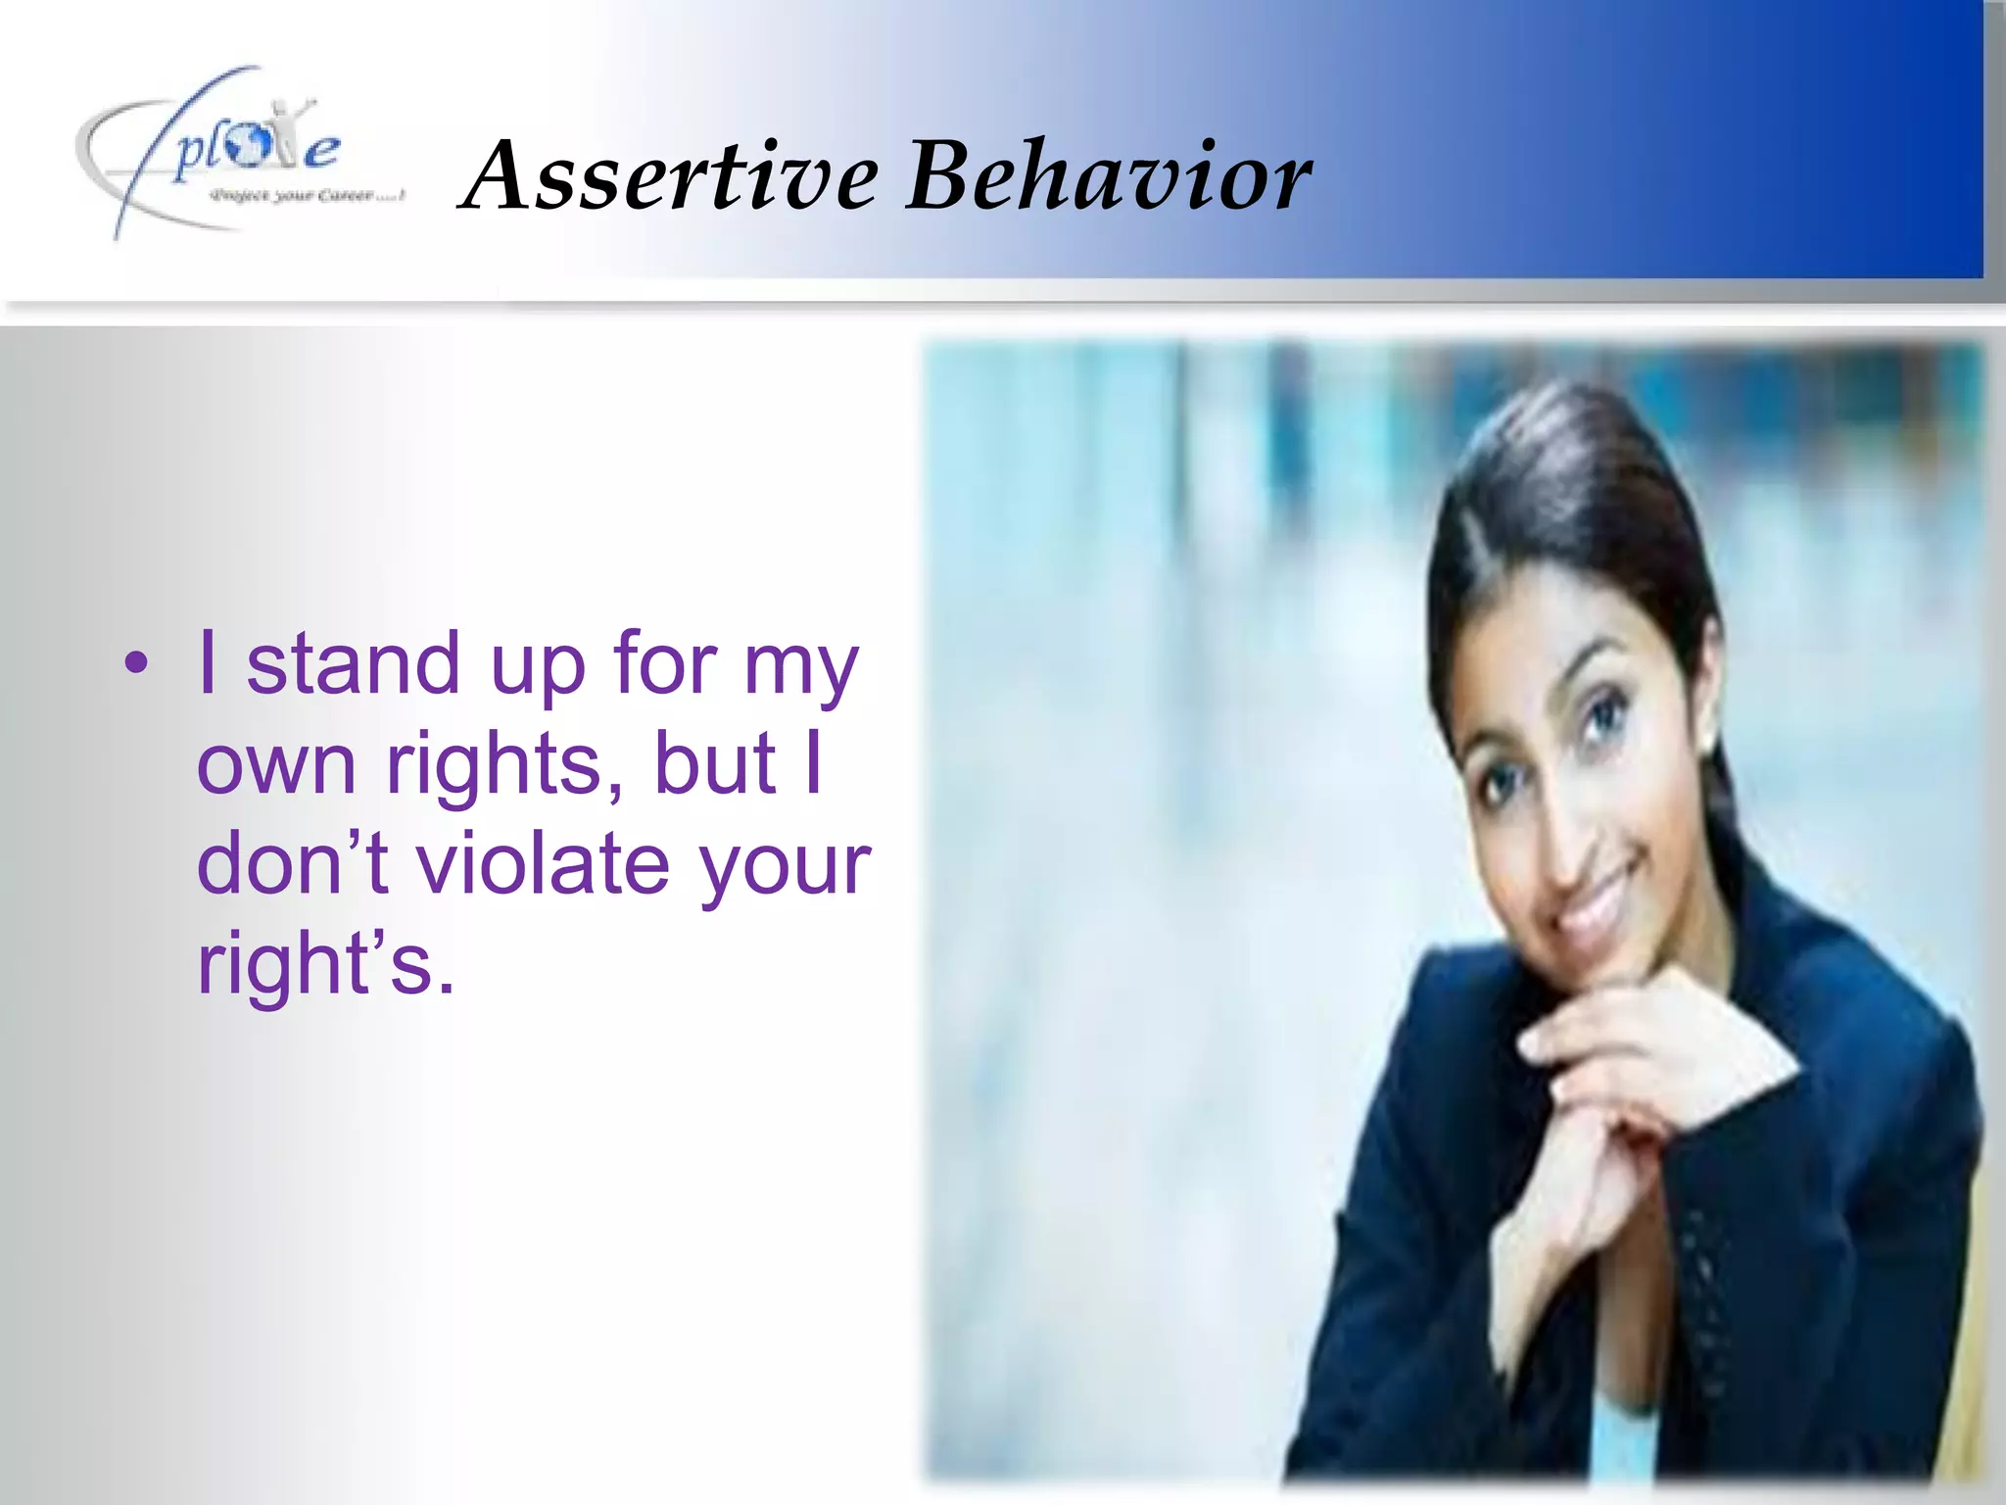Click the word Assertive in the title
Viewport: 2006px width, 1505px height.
click(672, 176)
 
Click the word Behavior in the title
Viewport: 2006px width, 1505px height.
click(1110, 176)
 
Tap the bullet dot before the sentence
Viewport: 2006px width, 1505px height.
click(137, 664)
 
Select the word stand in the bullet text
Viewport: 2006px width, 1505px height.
click(353, 664)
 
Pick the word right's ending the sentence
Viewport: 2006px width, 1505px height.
click(325, 964)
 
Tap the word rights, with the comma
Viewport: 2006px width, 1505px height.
click(505, 764)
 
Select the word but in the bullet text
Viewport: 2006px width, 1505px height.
click(715, 764)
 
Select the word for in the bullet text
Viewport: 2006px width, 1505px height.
click(665, 664)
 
